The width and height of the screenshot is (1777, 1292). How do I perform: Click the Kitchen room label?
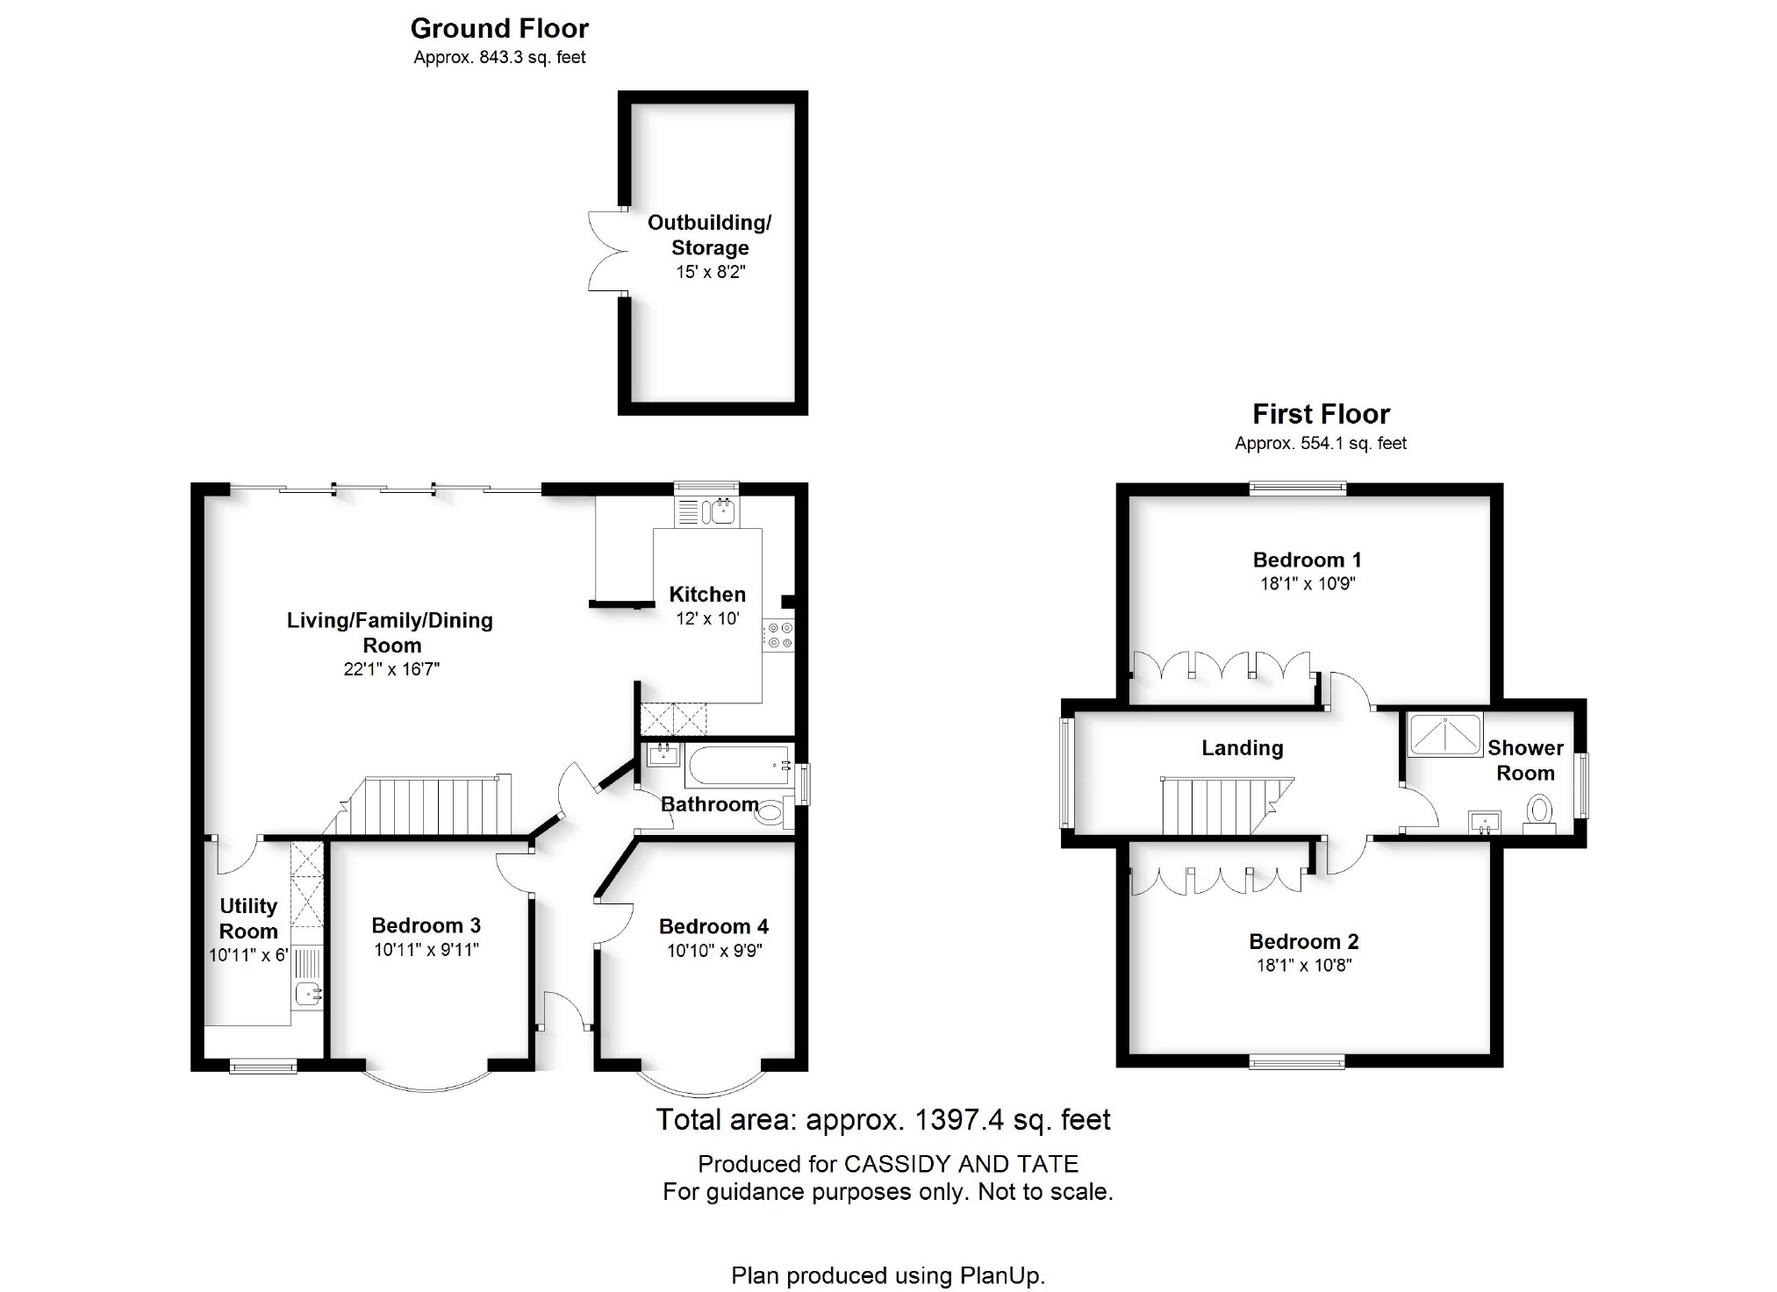707,594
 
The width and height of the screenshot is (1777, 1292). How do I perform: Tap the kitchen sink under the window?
719,511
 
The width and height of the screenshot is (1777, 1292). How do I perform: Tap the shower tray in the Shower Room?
1444,735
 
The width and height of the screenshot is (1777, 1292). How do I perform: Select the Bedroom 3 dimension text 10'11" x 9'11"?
426,949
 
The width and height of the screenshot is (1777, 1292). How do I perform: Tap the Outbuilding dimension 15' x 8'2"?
710,272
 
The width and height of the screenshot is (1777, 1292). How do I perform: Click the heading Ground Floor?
499,29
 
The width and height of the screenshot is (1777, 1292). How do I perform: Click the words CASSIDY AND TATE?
961,1164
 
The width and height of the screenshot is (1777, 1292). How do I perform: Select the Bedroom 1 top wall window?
1297,489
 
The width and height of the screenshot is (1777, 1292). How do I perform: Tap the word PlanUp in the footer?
1002,1275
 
